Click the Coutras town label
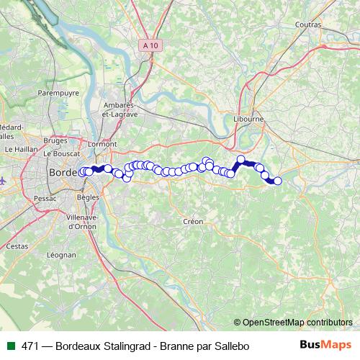coord(307,24)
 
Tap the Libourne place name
coord(249,119)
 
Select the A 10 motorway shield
coord(150,45)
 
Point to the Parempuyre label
coord(58,93)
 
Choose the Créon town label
coord(194,222)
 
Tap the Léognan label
coord(60,255)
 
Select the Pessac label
coord(45,197)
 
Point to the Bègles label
coord(87,197)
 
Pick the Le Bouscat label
coord(60,154)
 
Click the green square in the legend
coord(10,346)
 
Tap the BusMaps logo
coord(325,346)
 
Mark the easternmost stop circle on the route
coord(278,181)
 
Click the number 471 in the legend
coord(29,346)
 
